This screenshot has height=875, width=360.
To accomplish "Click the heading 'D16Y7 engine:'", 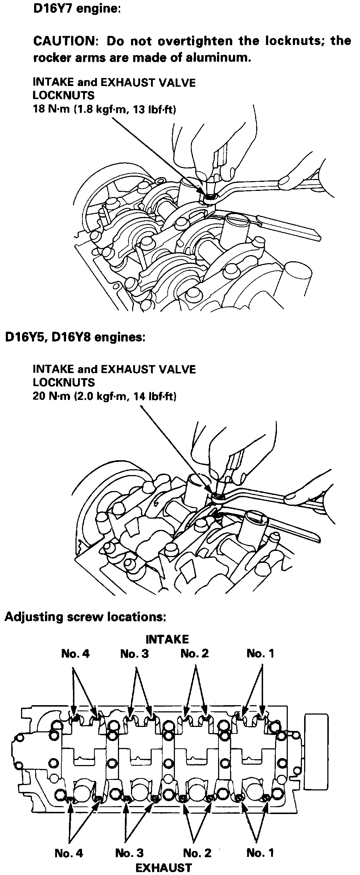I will coord(77,9).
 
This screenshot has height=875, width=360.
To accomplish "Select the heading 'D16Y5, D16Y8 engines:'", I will coord(75,338).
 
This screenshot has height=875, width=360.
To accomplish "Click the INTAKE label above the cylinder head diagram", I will coord(167,639).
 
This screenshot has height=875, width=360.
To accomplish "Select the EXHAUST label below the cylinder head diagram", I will coord(163,865).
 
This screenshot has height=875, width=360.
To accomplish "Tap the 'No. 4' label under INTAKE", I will coord(75,654).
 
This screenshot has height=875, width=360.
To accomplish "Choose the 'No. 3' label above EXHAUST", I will coord(129,850).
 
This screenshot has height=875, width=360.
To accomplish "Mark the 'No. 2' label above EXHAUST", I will coord(197,850).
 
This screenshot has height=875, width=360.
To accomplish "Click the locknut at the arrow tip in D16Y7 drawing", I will coord(210,198).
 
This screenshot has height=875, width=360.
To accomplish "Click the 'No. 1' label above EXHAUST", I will coord(260,850).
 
